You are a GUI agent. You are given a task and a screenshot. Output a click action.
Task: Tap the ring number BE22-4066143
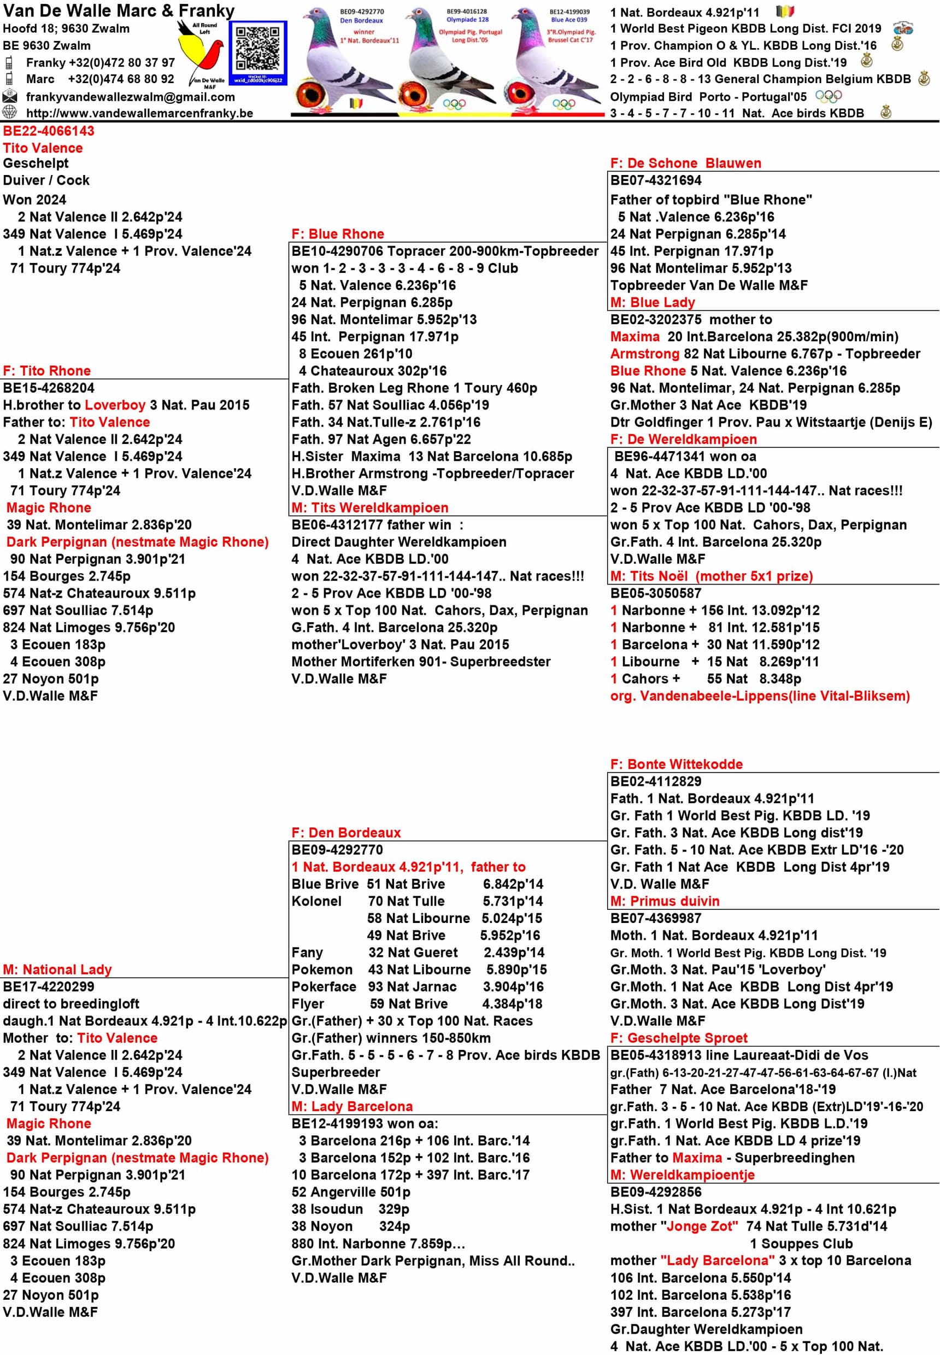coord(48,131)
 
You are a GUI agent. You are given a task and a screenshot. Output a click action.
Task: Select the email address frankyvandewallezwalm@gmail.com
coord(130,97)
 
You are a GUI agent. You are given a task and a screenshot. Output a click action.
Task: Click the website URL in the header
coord(139,113)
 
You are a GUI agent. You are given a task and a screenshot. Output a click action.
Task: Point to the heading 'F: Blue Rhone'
coord(338,234)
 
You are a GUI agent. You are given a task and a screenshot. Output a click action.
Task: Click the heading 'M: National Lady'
coord(57,969)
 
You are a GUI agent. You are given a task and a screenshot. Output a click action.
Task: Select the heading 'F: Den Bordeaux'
coord(346,832)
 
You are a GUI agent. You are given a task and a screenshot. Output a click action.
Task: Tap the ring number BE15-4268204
coord(48,388)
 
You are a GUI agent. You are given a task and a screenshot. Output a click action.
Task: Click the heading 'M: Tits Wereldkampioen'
coord(369,507)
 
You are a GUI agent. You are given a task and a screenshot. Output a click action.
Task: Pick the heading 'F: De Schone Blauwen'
coord(685,163)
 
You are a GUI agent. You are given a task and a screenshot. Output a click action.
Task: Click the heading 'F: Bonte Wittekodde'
coord(676,764)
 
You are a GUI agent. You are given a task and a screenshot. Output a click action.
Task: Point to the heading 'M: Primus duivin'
coord(665,901)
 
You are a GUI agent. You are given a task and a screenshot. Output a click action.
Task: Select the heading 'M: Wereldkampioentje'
coord(682,1174)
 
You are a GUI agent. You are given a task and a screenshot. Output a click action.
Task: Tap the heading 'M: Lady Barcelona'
coord(351,1106)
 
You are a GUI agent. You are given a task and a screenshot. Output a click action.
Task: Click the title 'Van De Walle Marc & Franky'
coord(119,10)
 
